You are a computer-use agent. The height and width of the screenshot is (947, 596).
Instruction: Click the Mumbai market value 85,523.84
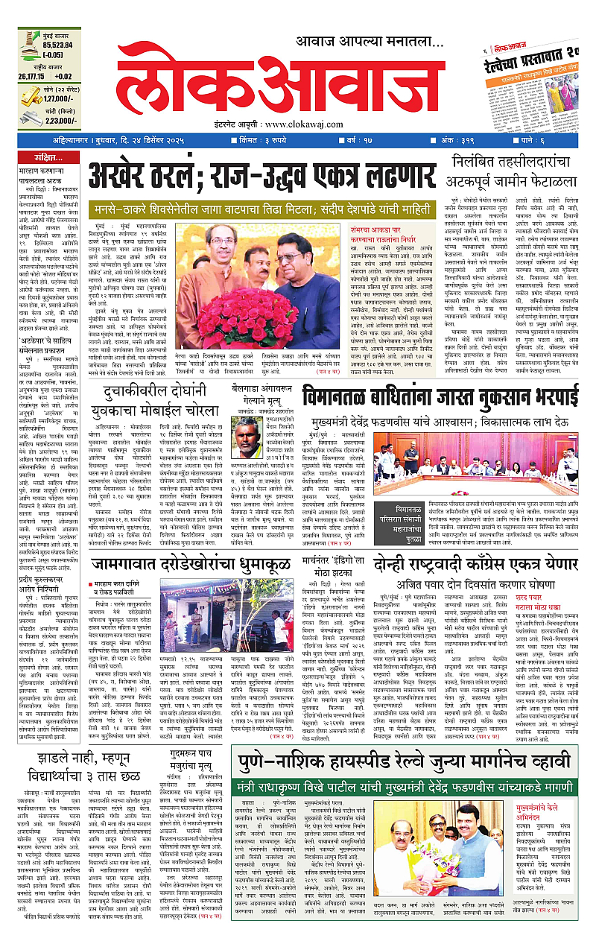point(51,44)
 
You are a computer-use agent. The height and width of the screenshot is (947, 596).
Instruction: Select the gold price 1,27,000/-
point(61,98)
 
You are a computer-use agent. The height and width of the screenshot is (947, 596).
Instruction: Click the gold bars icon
point(29,96)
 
